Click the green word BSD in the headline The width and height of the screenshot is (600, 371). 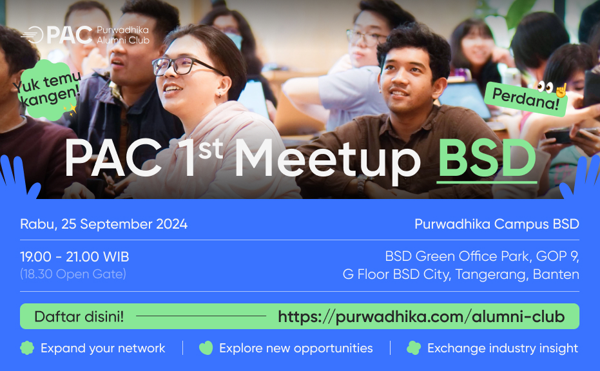coord(487,158)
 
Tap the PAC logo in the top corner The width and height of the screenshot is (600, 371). coord(57,35)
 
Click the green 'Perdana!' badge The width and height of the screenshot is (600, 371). coord(525,99)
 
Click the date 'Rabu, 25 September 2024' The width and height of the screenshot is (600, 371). coord(104,224)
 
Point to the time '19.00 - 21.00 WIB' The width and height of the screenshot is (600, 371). coord(75,256)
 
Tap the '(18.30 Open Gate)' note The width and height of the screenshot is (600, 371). coord(73,274)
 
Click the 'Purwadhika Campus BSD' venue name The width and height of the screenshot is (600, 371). coord(497,224)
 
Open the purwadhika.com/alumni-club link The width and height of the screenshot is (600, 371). coord(421,317)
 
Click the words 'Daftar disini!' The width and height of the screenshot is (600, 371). coord(79,317)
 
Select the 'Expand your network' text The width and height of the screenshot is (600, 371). coord(103,348)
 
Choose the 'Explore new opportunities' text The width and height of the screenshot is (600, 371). coord(296,348)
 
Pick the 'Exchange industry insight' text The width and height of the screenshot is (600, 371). coord(503,348)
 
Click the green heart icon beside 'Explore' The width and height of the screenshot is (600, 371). coord(206,348)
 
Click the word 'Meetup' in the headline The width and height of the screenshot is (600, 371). coord(327,160)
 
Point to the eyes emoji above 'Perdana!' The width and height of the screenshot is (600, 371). coord(545,87)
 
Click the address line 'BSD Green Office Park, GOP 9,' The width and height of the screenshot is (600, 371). coord(482,256)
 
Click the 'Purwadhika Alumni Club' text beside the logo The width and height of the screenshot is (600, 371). coord(123,35)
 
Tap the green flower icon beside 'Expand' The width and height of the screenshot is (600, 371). coord(27,348)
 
